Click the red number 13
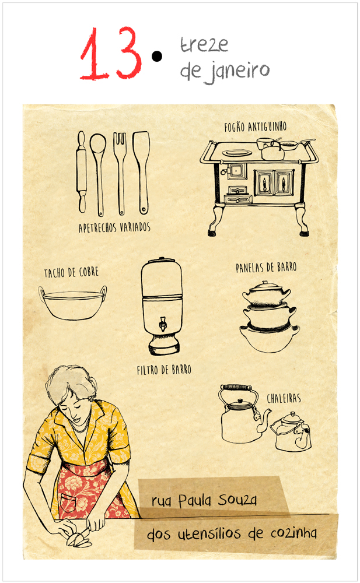tap(111, 53)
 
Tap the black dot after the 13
tap(157, 56)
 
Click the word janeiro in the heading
tap(237, 72)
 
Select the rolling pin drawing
tap(82, 172)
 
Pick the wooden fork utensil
tap(120, 173)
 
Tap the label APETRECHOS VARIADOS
tap(114, 227)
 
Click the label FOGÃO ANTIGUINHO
tap(256, 127)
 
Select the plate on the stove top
tap(236, 153)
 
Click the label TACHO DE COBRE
tap(71, 273)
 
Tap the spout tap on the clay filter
tap(163, 324)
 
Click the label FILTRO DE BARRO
tap(164, 370)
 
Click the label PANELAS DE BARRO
tap(266, 268)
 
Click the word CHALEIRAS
tap(284, 399)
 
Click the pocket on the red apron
tap(68, 503)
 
